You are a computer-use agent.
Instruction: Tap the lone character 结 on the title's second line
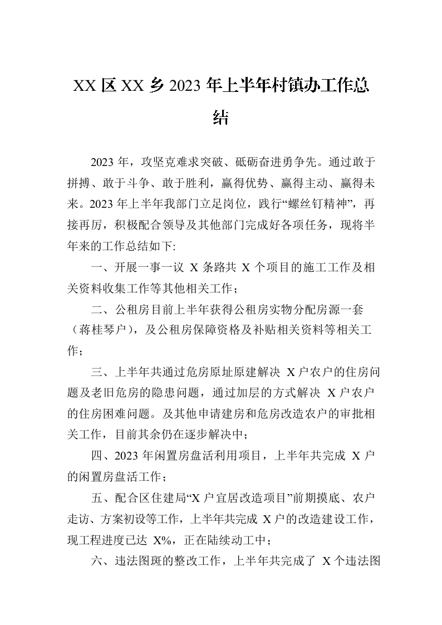click(x=221, y=118)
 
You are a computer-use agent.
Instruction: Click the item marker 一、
click(x=101, y=268)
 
